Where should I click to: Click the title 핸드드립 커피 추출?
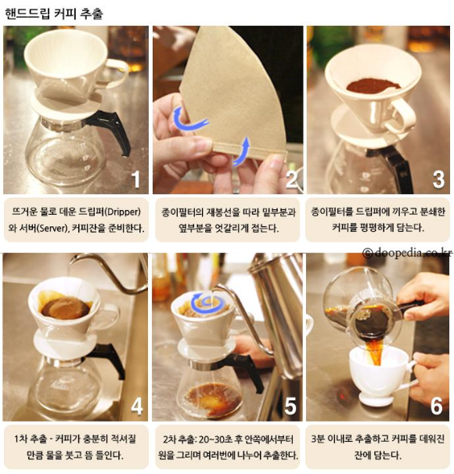click(x=54, y=13)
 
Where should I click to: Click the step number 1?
click(x=136, y=179)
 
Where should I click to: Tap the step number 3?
click(x=438, y=179)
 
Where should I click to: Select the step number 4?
click(x=136, y=406)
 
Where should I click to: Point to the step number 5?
click(x=290, y=406)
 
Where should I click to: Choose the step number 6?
click(x=437, y=406)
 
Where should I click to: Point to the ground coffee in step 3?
click(x=373, y=85)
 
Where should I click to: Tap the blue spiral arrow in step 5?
click(x=205, y=302)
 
